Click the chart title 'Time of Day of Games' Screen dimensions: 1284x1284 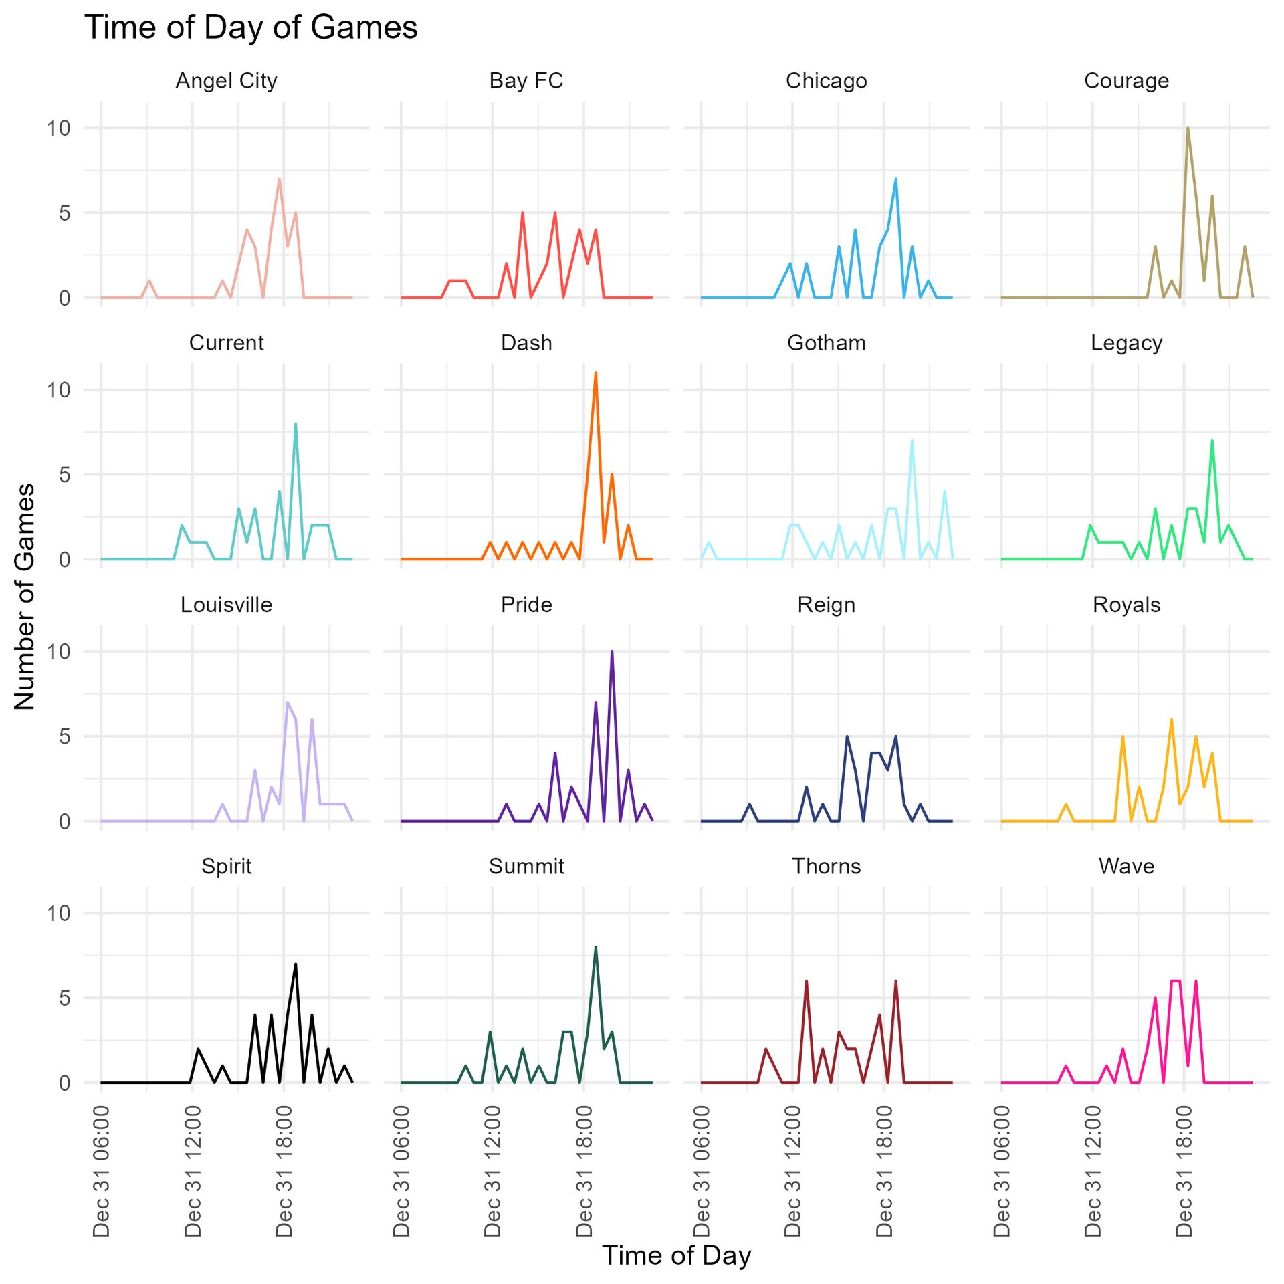click(x=251, y=28)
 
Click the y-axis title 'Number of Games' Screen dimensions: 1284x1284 click(x=25, y=596)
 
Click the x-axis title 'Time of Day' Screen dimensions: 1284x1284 click(x=676, y=1255)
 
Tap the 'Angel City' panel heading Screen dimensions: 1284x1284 click(x=226, y=81)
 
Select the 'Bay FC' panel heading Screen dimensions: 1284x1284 click(x=526, y=81)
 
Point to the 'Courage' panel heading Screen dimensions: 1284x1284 click(x=1126, y=81)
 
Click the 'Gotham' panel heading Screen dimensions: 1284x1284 click(x=826, y=343)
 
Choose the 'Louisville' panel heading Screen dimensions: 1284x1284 click(x=226, y=605)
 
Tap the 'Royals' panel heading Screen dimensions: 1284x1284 click(x=1126, y=605)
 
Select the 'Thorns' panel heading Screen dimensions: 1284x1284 click(x=826, y=867)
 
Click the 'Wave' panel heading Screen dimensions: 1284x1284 click(x=1126, y=867)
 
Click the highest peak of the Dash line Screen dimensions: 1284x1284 click(x=595, y=373)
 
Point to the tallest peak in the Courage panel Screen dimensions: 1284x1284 click(x=1188, y=128)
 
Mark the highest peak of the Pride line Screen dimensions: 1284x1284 click(x=611, y=651)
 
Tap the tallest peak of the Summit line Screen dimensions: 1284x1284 click(x=595, y=948)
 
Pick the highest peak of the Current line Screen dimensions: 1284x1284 click(x=295, y=424)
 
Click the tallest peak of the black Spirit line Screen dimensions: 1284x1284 click(x=295, y=964)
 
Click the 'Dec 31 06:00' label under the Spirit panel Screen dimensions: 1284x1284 click(x=102, y=1171)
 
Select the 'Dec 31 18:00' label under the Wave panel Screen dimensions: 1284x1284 click(x=1184, y=1171)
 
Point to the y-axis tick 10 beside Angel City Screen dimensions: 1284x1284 click(x=59, y=128)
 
